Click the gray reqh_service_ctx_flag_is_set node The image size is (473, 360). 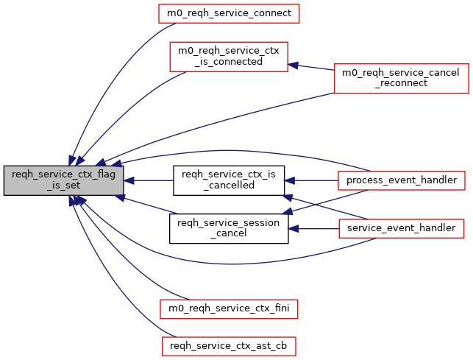63,180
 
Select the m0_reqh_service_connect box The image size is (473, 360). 228,13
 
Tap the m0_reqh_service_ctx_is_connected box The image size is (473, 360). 228,56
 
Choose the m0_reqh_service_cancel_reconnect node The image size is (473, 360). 401,78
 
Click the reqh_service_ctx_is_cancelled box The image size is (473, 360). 228,180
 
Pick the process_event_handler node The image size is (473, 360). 401,180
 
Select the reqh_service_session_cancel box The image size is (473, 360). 228,229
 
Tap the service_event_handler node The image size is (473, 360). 401,229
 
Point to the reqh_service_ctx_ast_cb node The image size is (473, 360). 228,344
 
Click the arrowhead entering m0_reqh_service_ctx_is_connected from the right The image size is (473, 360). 292,65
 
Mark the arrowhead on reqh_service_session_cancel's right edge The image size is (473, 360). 292,229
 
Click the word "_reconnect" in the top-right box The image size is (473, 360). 401,84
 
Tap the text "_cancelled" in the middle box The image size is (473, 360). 228,186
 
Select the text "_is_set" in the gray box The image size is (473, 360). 63,186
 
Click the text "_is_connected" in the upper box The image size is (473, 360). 228,62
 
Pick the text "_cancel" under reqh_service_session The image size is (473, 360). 228,235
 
